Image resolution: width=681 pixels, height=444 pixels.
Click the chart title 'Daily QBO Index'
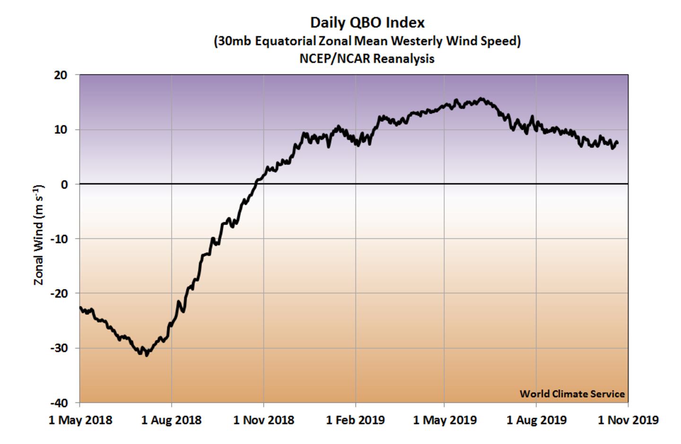pyautogui.click(x=367, y=23)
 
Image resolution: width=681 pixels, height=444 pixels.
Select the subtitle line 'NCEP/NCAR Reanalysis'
pyautogui.click(x=367, y=59)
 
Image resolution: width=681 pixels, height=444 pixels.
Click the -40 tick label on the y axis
pyautogui.click(x=59, y=403)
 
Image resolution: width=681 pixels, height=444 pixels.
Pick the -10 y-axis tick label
pyautogui.click(x=59, y=239)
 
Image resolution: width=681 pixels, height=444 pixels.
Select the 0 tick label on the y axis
pyautogui.click(x=64, y=184)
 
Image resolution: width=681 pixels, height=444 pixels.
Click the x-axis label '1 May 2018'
pyautogui.click(x=80, y=420)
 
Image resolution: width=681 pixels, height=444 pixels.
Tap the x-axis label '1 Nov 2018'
pyautogui.click(x=263, y=420)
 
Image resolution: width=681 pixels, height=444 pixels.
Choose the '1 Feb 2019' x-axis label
pyautogui.click(x=355, y=420)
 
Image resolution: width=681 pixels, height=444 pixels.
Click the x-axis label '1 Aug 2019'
pyautogui.click(x=536, y=420)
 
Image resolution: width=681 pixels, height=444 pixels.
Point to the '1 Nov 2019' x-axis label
pyautogui.click(x=628, y=420)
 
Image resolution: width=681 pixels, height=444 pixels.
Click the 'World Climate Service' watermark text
pyautogui.click(x=572, y=394)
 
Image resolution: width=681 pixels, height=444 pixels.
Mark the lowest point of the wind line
pyautogui.click(x=147, y=355)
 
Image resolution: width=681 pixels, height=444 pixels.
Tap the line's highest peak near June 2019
pyautogui.click(x=481, y=99)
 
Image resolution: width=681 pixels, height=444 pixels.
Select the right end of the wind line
pyautogui.click(x=618, y=143)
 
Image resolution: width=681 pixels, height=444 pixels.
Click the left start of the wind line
pyautogui.click(x=80, y=307)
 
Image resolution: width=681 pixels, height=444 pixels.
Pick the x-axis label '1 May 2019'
pyautogui.click(x=445, y=420)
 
